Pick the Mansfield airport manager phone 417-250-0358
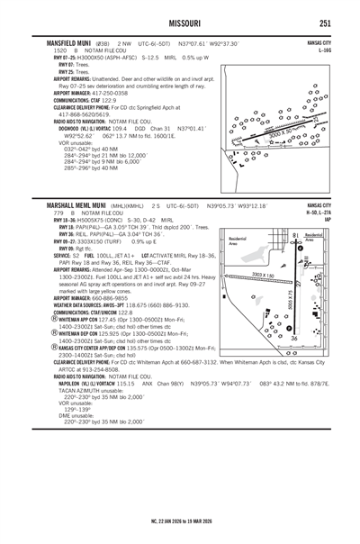click(107, 91)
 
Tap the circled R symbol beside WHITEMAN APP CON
click(48, 319)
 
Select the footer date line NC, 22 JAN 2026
click(180, 520)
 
